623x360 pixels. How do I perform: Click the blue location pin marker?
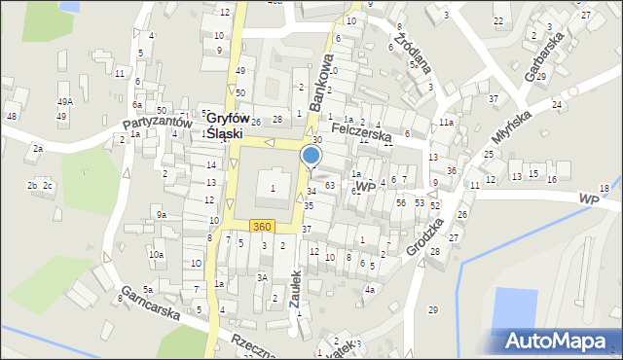311,156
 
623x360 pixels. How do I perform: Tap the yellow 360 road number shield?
261,227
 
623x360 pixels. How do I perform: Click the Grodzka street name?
425,234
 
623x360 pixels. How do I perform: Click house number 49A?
65,102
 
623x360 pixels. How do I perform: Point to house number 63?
330,185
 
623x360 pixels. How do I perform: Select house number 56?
401,202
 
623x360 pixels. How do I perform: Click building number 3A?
262,277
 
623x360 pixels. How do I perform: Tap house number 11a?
445,123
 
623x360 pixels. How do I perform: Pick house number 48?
12,117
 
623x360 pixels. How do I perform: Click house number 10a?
156,254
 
